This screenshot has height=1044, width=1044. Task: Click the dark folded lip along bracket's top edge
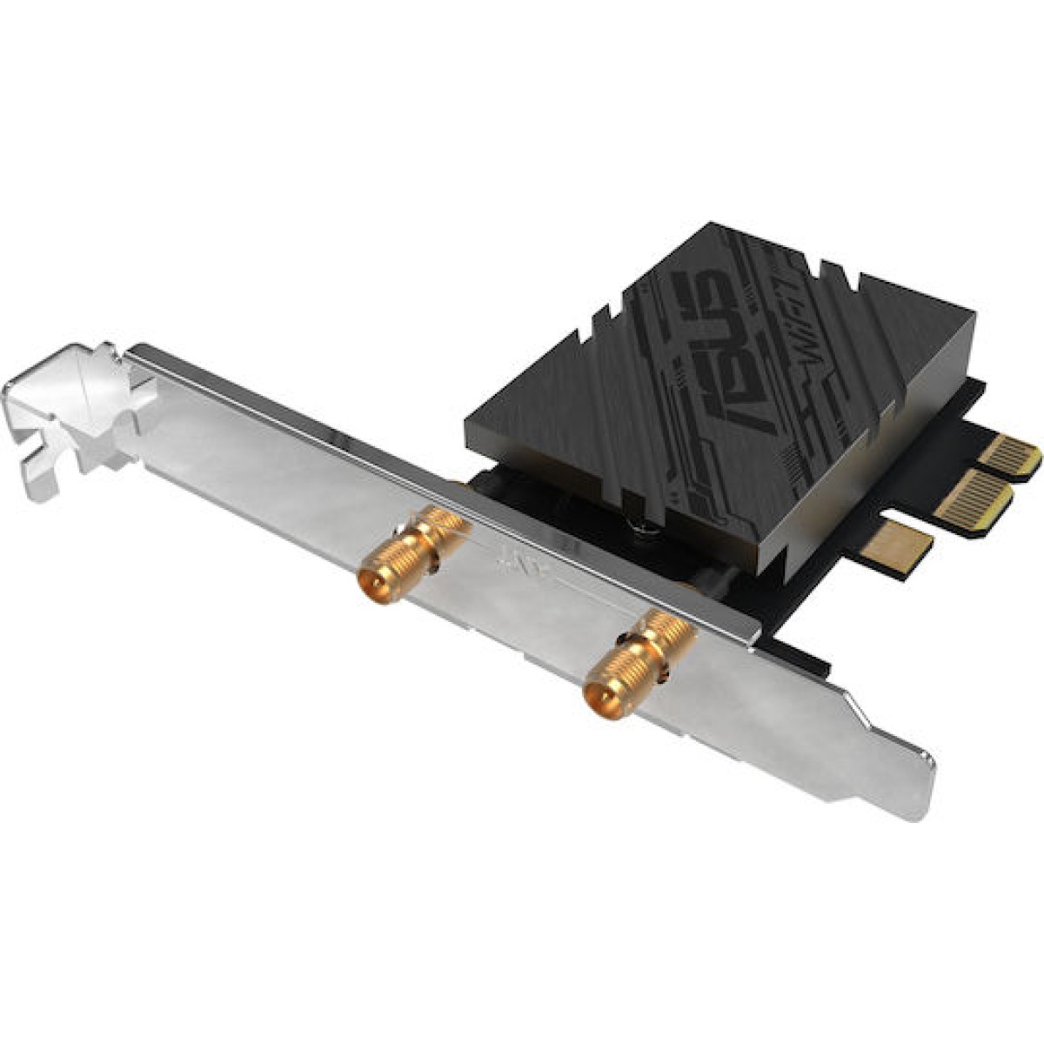point(435,474)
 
